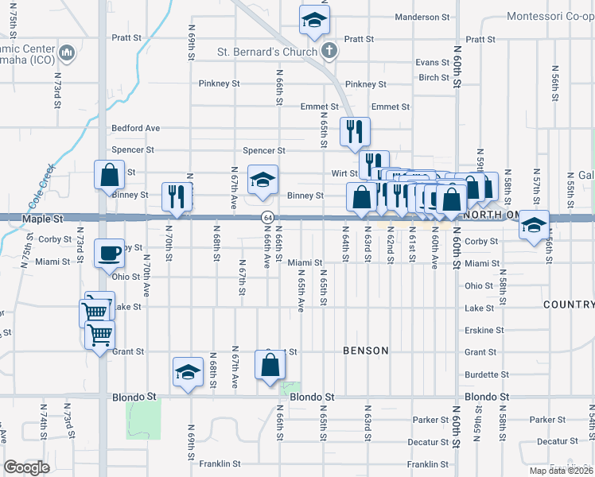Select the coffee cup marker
110,254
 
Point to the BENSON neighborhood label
365,351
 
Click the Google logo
26,467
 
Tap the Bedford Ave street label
136,128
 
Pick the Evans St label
433,62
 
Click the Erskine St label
484,330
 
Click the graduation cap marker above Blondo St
188,372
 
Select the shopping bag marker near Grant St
270,365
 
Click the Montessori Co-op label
550,17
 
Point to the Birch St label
434,78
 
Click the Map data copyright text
554,469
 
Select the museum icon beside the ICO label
68,55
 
